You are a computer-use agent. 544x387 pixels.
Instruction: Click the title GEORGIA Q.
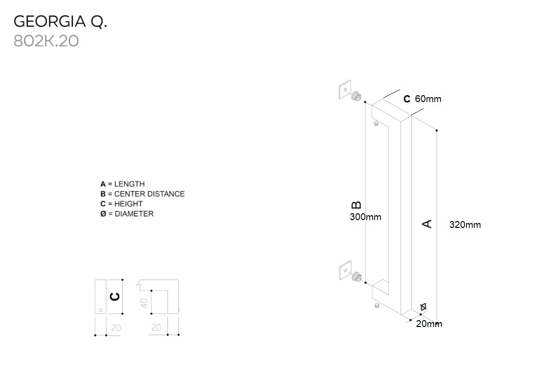pyautogui.click(x=60, y=21)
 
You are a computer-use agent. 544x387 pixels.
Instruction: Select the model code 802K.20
pyautogui.click(x=46, y=41)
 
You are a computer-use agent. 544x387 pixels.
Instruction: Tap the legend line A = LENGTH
pyautogui.click(x=123, y=184)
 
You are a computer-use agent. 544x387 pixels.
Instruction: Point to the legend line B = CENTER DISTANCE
pyautogui.click(x=143, y=194)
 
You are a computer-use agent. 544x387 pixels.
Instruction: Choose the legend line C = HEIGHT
pyautogui.click(x=122, y=204)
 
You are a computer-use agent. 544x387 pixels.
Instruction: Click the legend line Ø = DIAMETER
pyautogui.click(x=127, y=213)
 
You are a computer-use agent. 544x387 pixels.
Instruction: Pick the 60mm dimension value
pyautogui.click(x=428, y=99)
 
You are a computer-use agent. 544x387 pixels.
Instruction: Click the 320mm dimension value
pyautogui.click(x=465, y=225)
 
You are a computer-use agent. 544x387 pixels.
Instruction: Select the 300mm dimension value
pyautogui.click(x=365, y=217)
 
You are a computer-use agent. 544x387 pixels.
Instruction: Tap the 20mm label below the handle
pyautogui.click(x=429, y=324)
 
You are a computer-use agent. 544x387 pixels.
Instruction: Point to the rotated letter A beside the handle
pyautogui.click(x=427, y=224)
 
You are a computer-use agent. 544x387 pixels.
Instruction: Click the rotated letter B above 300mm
pyautogui.click(x=356, y=205)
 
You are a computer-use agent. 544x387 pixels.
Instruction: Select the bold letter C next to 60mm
pyautogui.click(x=407, y=99)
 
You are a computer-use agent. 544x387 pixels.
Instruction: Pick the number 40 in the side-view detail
pyautogui.click(x=144, y=303)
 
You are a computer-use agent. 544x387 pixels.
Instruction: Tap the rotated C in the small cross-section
pyautogui.click(x=114, y=297)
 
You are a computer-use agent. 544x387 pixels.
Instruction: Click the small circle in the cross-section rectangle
pyautogui.click(x=100, y=309)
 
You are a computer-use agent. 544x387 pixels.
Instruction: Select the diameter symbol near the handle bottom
pyautogui.click(x=423, y=306)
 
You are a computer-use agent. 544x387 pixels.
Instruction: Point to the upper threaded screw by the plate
pyautogui.click(x=358, y=96)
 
